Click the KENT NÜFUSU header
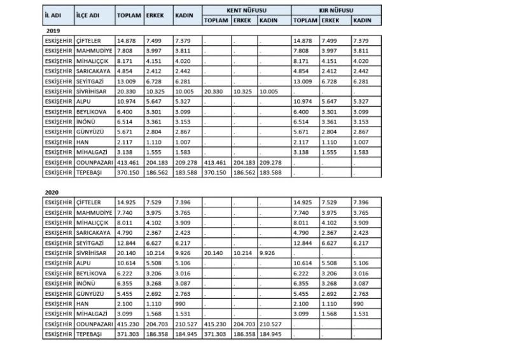pos(246,11)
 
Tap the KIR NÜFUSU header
pos(337,11)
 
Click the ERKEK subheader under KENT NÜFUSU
pos(241,20)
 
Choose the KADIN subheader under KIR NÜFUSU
pos(361,20)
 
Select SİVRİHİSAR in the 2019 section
pos(94,91)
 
